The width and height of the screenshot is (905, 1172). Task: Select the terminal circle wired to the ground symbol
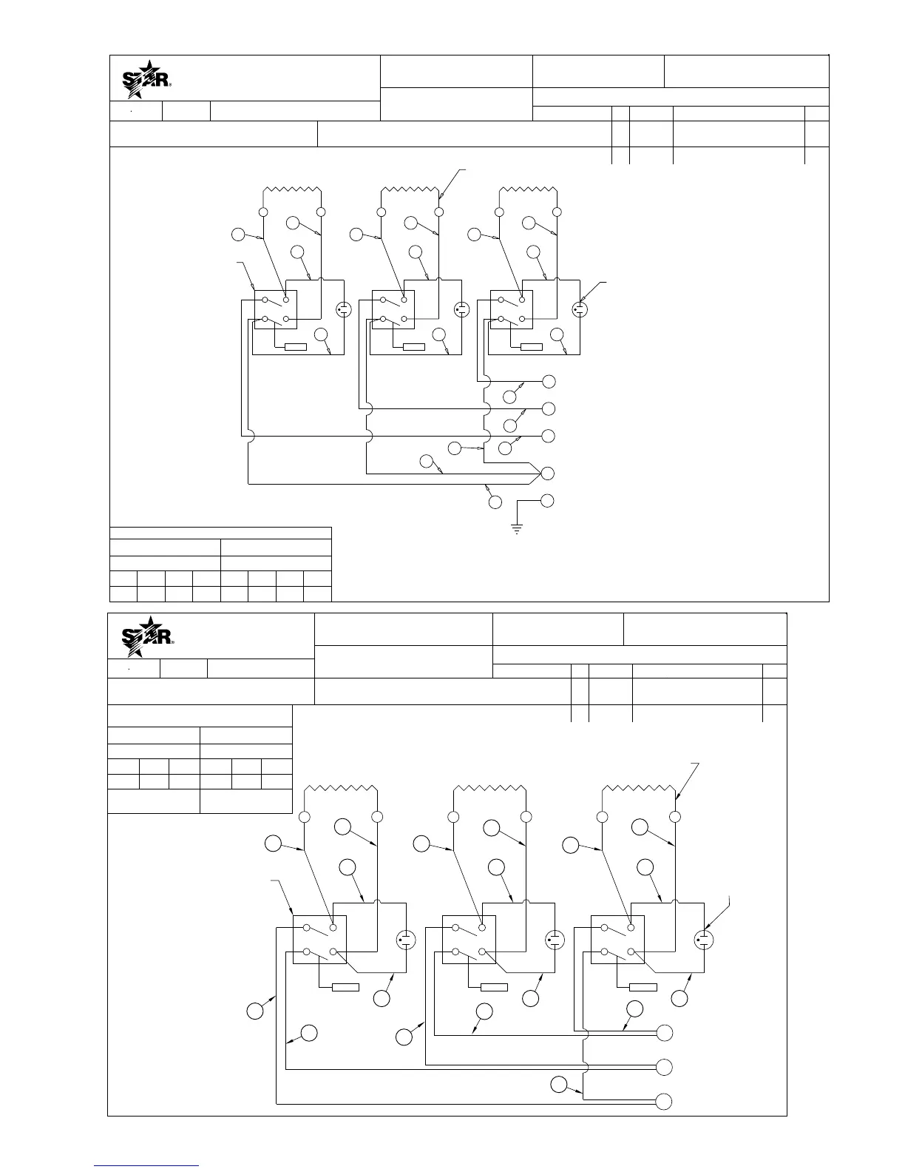click(548, 501)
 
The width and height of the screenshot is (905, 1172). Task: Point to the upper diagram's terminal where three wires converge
click(548, 473)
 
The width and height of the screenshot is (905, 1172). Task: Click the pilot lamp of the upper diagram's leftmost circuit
click(343, 309)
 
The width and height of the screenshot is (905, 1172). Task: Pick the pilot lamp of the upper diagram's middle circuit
click(461, 309)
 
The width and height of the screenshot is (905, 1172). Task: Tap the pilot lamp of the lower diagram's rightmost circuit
click(704, 940)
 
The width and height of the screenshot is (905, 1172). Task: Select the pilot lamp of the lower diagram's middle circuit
click(555, 940)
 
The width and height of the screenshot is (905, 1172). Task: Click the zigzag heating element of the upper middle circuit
click(410, 190)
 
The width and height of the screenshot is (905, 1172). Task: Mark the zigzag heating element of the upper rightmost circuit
click(528, 190)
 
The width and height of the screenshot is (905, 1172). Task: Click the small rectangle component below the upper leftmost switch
click(295, 347)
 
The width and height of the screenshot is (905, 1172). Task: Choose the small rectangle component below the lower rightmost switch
click(643, 987)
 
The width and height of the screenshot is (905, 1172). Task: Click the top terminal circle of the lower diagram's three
click(665, 1033)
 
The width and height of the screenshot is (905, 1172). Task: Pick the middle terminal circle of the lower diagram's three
click(665, 1067)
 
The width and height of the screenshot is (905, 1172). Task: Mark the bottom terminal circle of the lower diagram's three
click(665, 1101)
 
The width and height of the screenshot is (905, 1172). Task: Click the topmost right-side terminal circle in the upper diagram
click(548, 381)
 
